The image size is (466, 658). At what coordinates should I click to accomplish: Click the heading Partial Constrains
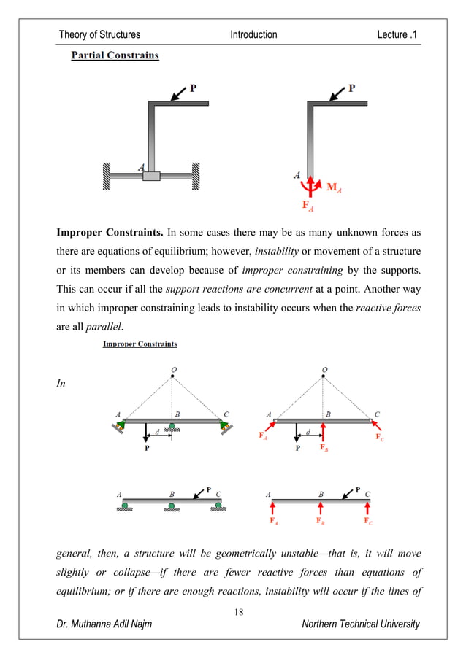(x=115, y=55)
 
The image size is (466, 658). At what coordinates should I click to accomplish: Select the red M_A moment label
(x=334, y=187)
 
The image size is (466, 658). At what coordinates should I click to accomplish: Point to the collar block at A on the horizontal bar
(x=151, y=176)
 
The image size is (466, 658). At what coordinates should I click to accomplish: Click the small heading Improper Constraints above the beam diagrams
(x=139, y=344)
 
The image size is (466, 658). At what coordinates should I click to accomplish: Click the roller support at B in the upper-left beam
(x=172, y=426)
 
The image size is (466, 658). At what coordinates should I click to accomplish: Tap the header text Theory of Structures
(x=99, y=34)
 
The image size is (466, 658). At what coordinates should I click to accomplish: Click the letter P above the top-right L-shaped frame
(x=352, y=88)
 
